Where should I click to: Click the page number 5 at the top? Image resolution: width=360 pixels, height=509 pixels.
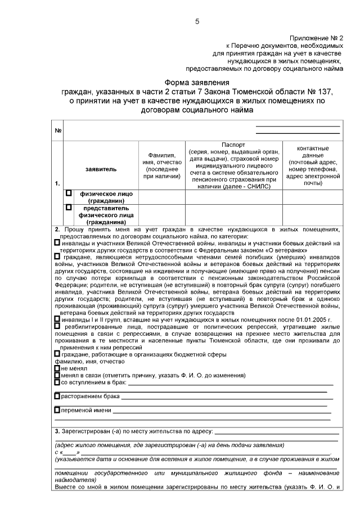(197, 21)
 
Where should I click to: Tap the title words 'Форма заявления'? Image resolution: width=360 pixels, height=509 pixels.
(196, 82)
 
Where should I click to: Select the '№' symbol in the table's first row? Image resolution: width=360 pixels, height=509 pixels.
(58, 131)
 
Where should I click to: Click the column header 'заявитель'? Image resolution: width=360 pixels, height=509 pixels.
(101, 168)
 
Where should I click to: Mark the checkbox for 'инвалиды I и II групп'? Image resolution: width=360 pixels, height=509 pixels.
(57, 318)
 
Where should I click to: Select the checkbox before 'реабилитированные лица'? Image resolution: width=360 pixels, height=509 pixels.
(57, 326)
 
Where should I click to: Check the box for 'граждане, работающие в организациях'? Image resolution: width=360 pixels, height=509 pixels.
(57, 354)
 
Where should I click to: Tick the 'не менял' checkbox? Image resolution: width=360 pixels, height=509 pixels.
(57, 368)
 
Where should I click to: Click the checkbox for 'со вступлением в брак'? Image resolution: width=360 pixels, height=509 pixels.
(57, 382)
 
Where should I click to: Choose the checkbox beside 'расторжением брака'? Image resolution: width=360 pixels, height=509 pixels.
(57, 397)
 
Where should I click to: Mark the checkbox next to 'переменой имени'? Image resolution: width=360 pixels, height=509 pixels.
(57, 411)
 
